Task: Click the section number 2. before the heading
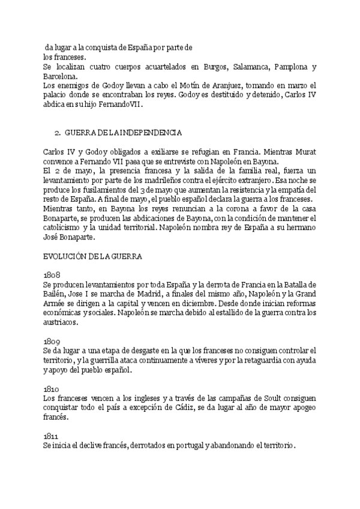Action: tap(58, 131)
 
